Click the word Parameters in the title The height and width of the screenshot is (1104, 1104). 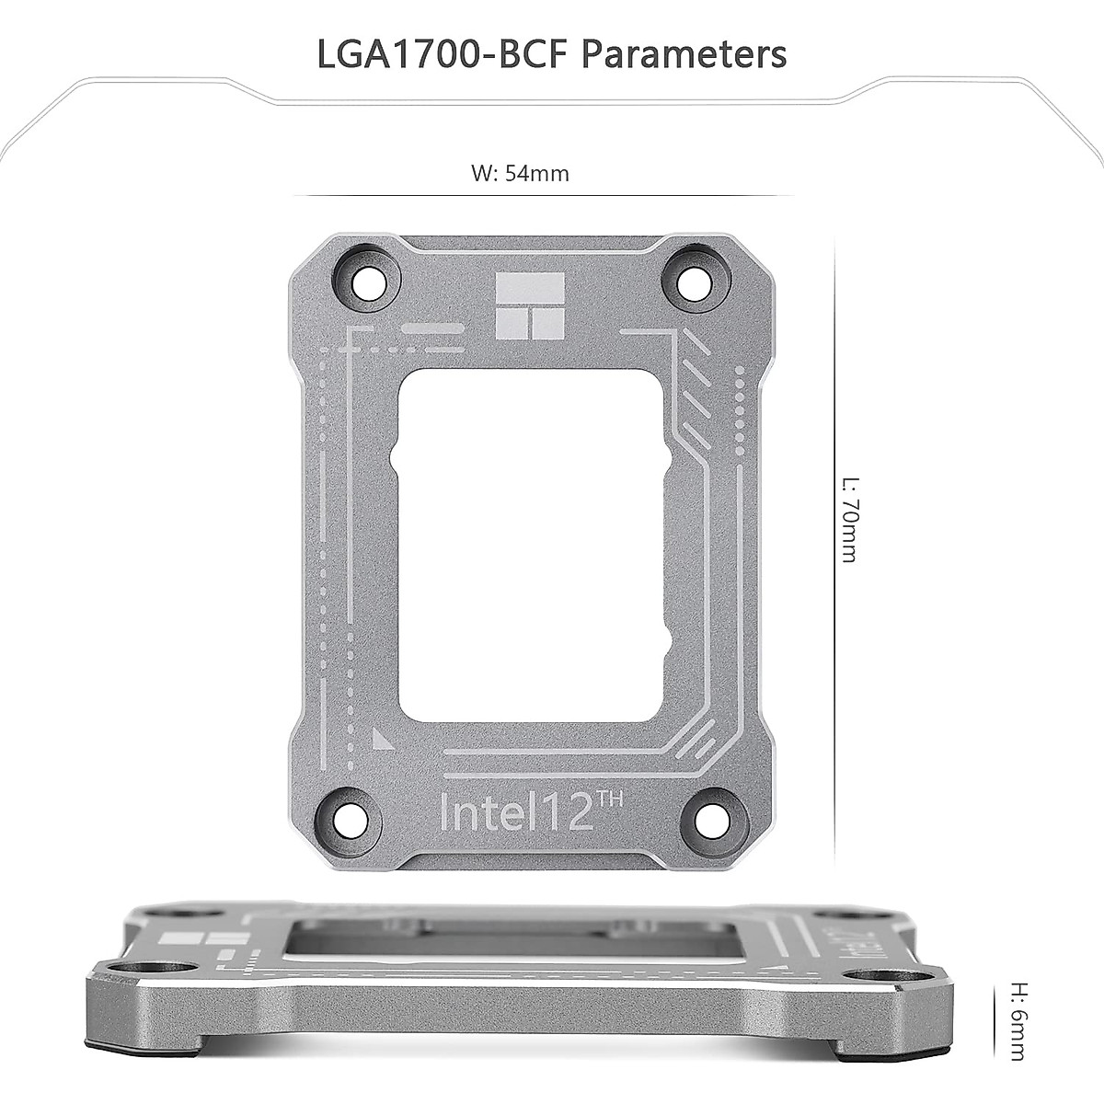(x=684, y=53)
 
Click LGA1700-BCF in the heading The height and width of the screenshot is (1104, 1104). (x=444, y=53)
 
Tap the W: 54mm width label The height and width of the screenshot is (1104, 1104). (x=520, y=173)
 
